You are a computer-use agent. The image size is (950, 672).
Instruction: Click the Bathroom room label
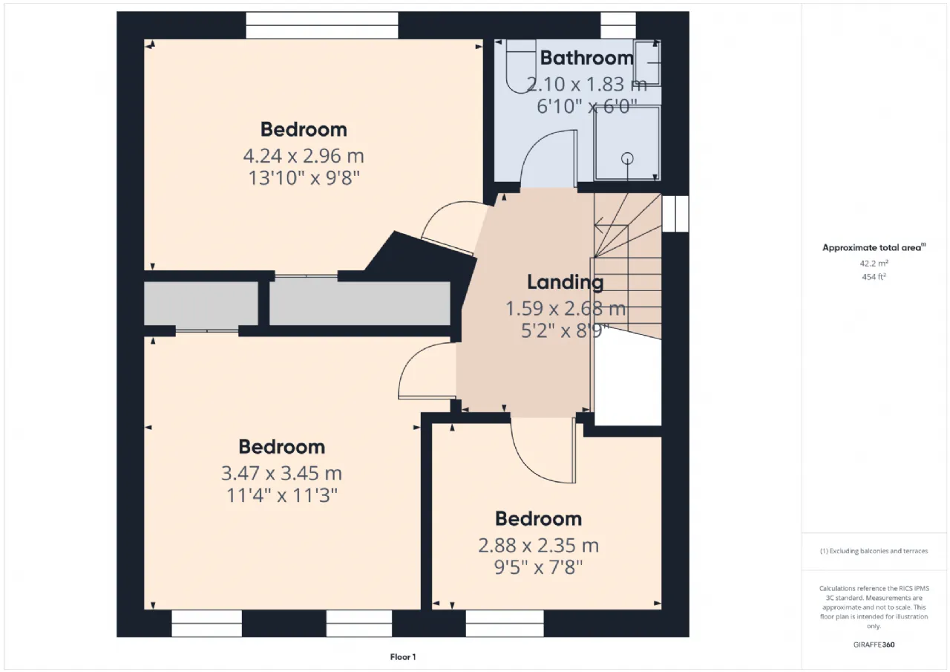pyautogui.click(x=586, y=58)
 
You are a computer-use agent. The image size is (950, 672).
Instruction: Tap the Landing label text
pyautogui.click(x=566, y=283)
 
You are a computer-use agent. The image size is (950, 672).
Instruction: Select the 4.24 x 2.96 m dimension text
pyautogui.click(x=304, y=156)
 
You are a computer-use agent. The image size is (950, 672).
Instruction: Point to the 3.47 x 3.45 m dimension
pyautogui.click(x=281, y=473)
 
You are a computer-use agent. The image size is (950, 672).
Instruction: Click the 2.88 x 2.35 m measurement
pyautogui.click(x=538, y=545)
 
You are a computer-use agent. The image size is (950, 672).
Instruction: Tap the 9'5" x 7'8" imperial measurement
pyautogui.click(x=538, y=567)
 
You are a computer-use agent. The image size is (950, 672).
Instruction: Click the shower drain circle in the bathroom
pyautogui.click(x=627, y=159)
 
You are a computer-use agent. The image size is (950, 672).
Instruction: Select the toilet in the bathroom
pyautogui.click(x=521, y=66)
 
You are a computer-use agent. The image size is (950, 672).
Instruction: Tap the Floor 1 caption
pyautogui.click(x=403, y=656)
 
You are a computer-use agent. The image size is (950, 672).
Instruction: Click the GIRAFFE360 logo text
pyautogui.click(x=874, y=645)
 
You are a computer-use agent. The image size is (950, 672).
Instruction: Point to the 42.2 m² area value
pyautogui.click(x=874, y=263)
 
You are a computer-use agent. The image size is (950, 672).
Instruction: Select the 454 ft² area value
pyautogui.click(x=874, y=277)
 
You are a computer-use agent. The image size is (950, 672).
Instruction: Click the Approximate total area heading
pyautogui.click(x=874, y=247)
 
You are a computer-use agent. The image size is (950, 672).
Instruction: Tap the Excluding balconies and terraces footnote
pyautogui.click(x=874, y=551)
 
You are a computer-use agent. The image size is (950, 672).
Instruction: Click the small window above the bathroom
pyautogui.click(x=618, y=25)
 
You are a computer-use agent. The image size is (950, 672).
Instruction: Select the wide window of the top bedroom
pyautogui.click(x=322, y=25)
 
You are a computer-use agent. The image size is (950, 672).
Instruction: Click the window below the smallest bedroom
pyautogui.click(x=505, y=623)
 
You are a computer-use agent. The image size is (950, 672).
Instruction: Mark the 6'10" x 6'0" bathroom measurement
pyautogui.click(x=587, y=106)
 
